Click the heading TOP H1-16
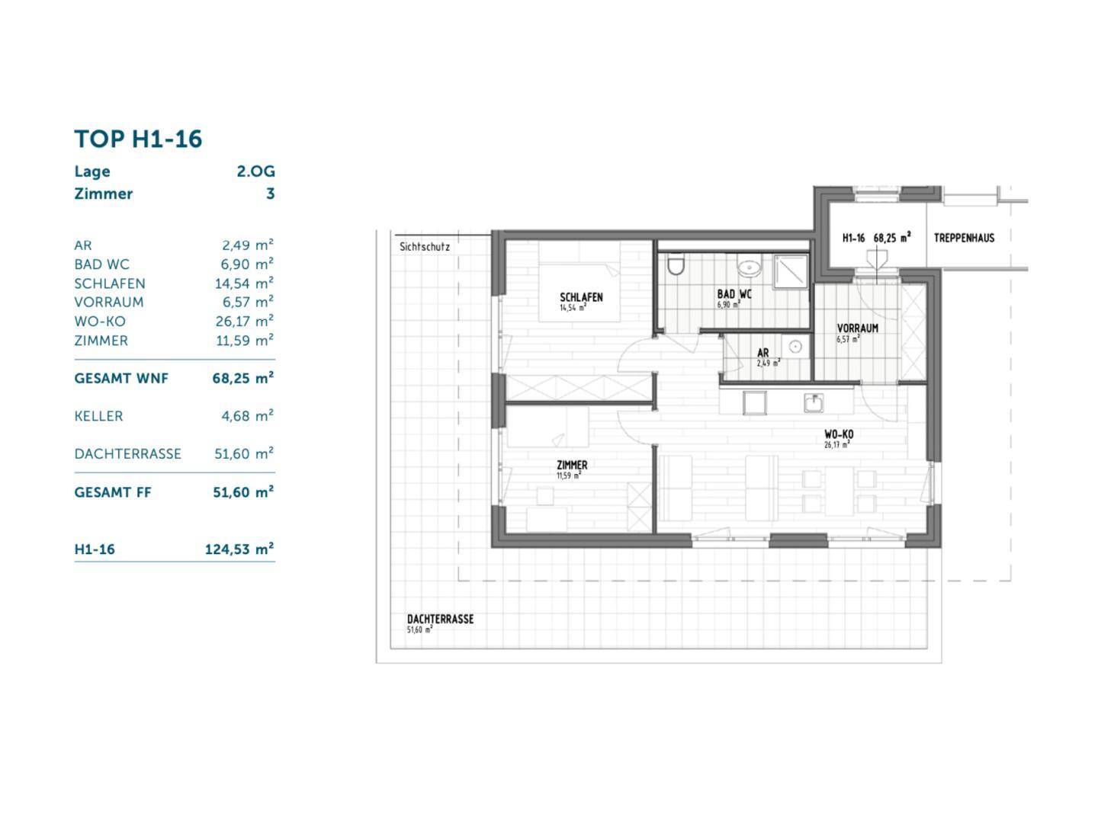point(138,139)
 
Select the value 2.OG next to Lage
point(255,171)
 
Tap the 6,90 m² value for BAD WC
point(247,264)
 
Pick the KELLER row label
point(98,416)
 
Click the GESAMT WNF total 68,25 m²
point(243,378)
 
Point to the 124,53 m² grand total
point(239,549)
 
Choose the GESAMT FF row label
point(113,492)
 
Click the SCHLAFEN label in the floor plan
point(581,297)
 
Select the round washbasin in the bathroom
point(749,267)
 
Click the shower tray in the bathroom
point(791,271)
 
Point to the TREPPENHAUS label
point(964,238)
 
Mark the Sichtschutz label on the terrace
point(425,247)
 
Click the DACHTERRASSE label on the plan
point(440,619)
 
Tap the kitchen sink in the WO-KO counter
point(813,402)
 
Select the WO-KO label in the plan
point(839,434)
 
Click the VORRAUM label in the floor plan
point(857,328)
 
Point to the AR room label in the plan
point(762,353)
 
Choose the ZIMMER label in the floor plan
point(572,465)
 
